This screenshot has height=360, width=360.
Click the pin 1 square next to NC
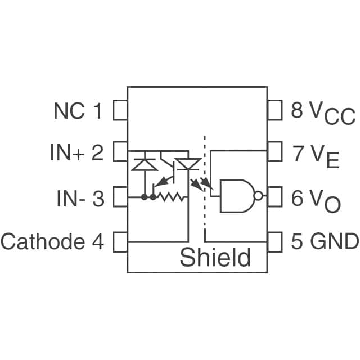pyautogui.click(x=120, y=111)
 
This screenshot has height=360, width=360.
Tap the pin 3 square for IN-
pyautogui.click(x=120, y=197)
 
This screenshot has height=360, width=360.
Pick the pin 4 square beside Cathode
pyautogui.click(x=120, y=242)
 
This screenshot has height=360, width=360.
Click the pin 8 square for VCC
pyautogui.click(x=274, y=111)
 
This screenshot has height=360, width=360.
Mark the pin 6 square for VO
pyautogui.click(x=274, y=197)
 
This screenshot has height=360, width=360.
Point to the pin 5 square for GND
pyautogui.click(x=274, y=242)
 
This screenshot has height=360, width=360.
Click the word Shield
pyautogui.click(x=215, y=258)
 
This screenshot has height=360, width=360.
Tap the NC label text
pyautogui.click(x=70, y=111)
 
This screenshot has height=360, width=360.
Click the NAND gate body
pyautogui.click(x=236, y=196)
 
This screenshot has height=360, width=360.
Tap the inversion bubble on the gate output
pyautogui.click(x=258, y=196)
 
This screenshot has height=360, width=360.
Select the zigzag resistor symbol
pyautogui.click(x=171, y=197)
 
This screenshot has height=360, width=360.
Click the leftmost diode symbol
pyautogui.click(x=145, y=164)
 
